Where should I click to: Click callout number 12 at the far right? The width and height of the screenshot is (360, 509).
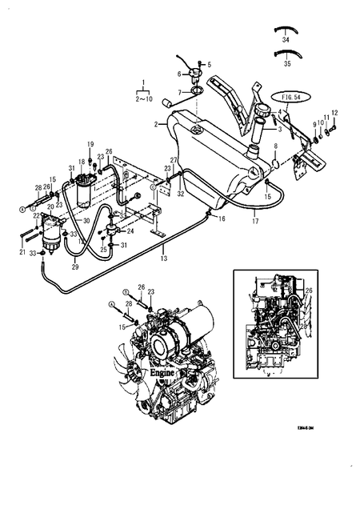point(334,113)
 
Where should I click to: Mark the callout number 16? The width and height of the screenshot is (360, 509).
point(222,218)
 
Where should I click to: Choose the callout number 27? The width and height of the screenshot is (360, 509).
point(174,162)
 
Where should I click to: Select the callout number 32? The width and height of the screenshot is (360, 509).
point(182,193)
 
